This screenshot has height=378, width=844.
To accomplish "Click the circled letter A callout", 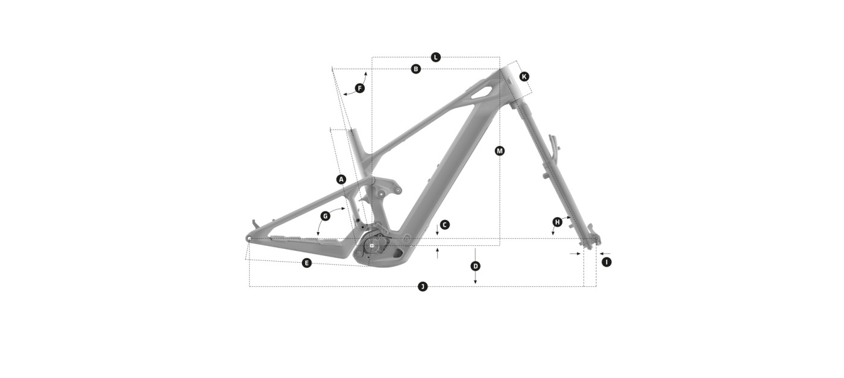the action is pyautogui.click(x=341, y=180).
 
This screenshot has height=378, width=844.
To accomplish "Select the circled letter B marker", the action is pyautogui.click(x=415, y=69).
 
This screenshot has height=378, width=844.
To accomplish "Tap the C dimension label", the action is pyautogui.click(x=445, y=225).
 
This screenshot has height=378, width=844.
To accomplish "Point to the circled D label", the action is pyautogui.click(x=476, y=266).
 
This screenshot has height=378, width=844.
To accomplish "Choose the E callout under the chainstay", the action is pyautogui.click(x=307, y=263).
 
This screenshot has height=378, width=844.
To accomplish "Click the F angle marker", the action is pyautogui.click(x=360, y=89).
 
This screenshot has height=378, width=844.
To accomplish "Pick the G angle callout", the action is pyautogui.click(x=325, y=216).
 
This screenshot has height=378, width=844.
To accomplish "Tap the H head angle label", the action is pyautogui.click(x=557, y=222).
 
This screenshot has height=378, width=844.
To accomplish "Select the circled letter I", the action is pyautogui.click(x=606, y=262).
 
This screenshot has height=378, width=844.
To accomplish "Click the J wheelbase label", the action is pyautogui.click(x=423, y=287).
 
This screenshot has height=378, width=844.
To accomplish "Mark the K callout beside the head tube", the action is pyautogui.click(x=524, y=77).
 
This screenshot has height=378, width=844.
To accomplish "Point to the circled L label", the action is pyautogui.click(x=435, y=57).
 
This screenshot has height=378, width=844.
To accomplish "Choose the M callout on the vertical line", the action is pyautogui.click(x=500, y=151).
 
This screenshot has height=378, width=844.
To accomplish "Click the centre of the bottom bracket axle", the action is pyautogui.click(x=373, y=245).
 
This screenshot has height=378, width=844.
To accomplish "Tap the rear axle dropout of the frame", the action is pyautogui.click(x=248, y=239).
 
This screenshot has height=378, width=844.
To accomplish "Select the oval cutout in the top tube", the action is pyautogui.click(x=481, y=91).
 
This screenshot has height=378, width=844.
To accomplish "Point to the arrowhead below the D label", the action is pyautogui.click(x=476, y=282).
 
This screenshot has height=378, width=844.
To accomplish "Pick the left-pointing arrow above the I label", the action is pyautogui.click(x=605, y=254).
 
